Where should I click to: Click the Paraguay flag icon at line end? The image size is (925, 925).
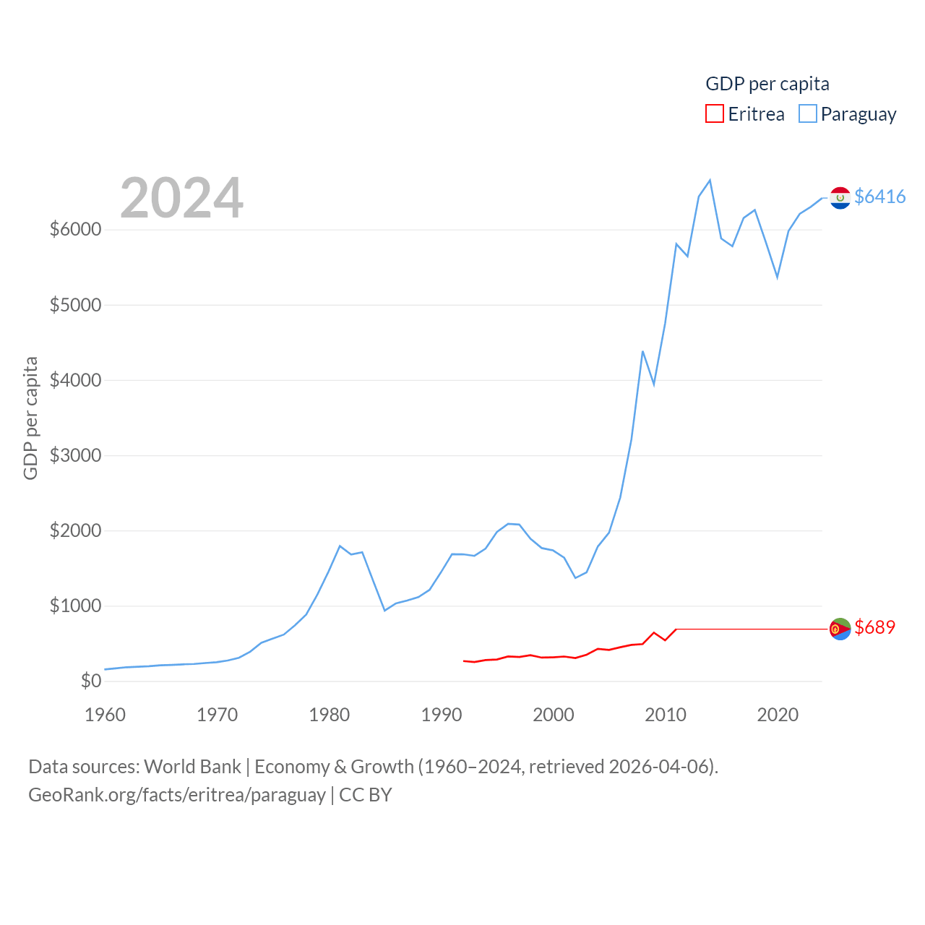(840, 197)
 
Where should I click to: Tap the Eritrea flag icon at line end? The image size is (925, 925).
(840, 629)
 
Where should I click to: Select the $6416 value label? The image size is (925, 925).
(879, 197)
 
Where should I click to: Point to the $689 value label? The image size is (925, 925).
(874, 627)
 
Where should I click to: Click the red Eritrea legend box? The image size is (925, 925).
(714, 113)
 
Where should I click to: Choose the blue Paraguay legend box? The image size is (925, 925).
(808, 113)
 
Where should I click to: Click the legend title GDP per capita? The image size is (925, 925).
(767, 84)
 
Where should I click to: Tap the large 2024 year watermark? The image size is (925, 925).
(181, 197)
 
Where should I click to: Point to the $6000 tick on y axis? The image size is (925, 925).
(75, 229)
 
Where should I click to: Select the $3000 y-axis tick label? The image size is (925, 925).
(75, 455)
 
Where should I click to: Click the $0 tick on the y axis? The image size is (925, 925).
(90, 681)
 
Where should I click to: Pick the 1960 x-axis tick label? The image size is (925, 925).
(105, 715)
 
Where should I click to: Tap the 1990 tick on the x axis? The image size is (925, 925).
(441, 715)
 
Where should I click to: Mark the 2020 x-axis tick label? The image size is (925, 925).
(778, 715)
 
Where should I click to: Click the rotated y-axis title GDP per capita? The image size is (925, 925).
(30, 418)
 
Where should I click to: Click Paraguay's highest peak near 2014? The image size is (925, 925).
(710, 180)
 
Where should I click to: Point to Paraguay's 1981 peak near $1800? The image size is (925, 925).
(340, 546)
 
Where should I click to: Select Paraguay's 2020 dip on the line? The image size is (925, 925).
(778, 277)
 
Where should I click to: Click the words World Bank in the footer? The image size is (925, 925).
(192, 766)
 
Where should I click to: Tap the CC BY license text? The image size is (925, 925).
(365, 795)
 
